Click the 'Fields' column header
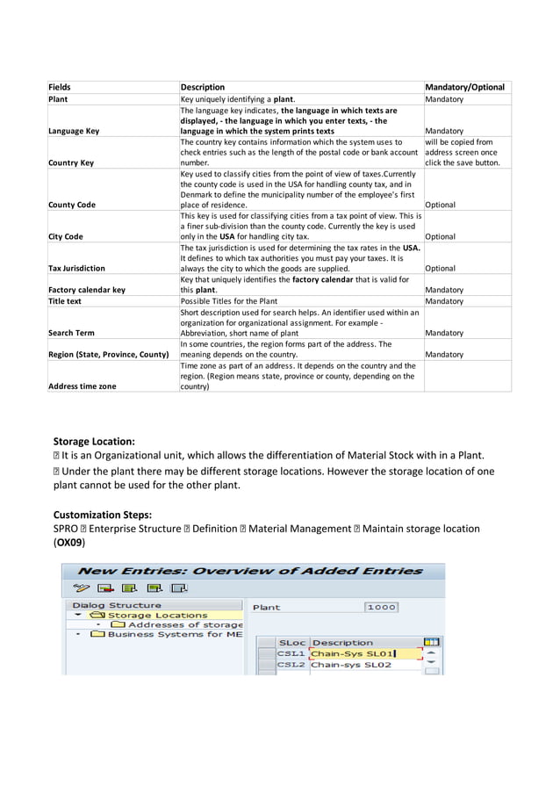60,87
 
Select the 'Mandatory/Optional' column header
464,87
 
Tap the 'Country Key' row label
71,162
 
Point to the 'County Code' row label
72,205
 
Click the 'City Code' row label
66,236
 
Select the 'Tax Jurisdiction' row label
76,268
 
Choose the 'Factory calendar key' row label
86,290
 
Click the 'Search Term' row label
71,333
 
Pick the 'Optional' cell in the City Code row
441,236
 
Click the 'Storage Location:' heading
94,441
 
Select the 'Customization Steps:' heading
103,514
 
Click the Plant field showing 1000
381,607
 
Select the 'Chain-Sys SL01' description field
354,653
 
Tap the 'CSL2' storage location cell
291,665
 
